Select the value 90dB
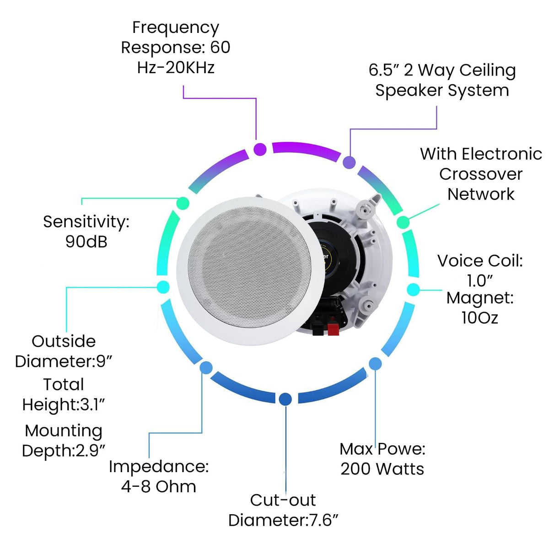pos(86,242)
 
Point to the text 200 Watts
pos(382,469)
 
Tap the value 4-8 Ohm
pos(159,486)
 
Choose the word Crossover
pos(481,174)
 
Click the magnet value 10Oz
pos(480,318)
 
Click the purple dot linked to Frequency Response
pos(260,149)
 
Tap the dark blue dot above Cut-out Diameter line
pos(285,399)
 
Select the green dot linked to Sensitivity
pos(183,203)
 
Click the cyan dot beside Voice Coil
pos(413,290)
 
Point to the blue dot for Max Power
pos(375,364)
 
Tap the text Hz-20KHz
pos(176,68)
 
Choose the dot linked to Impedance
pos(206,367)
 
